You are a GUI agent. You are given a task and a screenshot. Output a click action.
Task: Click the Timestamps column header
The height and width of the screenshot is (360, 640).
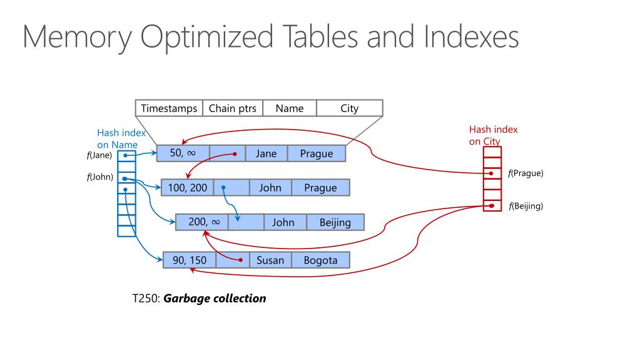169,108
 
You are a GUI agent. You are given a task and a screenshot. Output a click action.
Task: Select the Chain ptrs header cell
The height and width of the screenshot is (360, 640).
232,108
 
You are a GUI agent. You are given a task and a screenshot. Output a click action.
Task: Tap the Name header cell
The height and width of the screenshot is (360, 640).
289,108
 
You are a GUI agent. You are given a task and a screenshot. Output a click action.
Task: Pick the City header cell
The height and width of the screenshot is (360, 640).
349,108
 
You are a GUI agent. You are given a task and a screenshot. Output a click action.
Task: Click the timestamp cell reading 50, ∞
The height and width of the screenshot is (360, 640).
183,153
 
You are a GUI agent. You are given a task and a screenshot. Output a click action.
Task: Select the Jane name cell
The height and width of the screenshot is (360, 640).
266,153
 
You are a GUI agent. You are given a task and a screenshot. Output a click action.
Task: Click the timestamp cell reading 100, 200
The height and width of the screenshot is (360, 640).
187,188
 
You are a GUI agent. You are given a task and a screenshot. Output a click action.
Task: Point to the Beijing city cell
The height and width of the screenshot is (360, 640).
335,222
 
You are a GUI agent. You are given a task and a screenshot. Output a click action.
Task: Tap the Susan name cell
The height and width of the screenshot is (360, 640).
270,260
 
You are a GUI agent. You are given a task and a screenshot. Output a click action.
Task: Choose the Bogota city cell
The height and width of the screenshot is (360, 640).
320,260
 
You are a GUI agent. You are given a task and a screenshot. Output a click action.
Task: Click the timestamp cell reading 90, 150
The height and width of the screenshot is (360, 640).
190,260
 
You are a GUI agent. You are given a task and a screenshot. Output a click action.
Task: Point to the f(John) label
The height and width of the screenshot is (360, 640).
100,177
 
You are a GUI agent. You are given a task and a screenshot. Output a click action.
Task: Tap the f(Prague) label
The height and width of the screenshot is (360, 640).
526,173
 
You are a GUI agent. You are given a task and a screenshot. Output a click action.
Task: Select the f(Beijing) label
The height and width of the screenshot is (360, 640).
526,206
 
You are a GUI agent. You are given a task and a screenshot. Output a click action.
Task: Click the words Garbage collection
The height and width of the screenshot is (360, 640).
215,299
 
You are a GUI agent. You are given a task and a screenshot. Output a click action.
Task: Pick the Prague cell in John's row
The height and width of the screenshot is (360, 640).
320,188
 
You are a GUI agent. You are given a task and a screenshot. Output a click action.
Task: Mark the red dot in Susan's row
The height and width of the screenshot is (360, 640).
241,259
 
